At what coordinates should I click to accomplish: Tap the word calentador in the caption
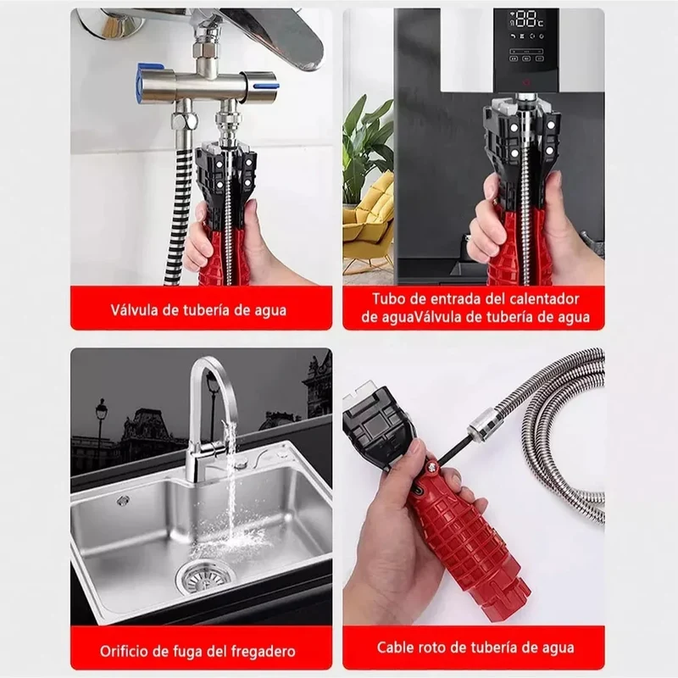coord(544,299)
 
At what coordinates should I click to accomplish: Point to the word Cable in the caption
coord(395,647)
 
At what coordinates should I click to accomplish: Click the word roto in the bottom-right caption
coord(432,647)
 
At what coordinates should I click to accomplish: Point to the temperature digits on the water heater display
coord(528,19)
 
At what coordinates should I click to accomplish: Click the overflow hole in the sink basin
coord(123,501)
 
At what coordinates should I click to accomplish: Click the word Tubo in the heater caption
coord(387,299)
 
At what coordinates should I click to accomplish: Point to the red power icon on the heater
coord(526,81)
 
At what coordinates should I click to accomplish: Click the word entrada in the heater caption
coord(450,299)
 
